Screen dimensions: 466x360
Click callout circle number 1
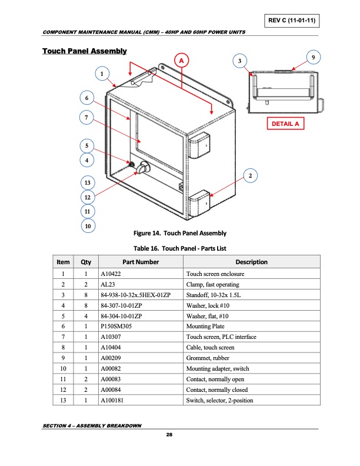click(102, 74)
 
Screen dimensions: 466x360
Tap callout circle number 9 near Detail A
click(315, 56)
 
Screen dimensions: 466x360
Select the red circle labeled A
click(182, 61)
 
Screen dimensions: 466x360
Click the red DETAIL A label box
click(285, 124)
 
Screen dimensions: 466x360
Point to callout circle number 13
click(87, 182)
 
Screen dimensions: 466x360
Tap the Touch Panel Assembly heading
click(85, 52)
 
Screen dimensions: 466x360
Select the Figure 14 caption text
click(180, 234)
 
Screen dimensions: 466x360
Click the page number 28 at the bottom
click(169, 434)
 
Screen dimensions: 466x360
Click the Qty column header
click(85, 262)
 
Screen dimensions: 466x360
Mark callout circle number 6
click(87, 98)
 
